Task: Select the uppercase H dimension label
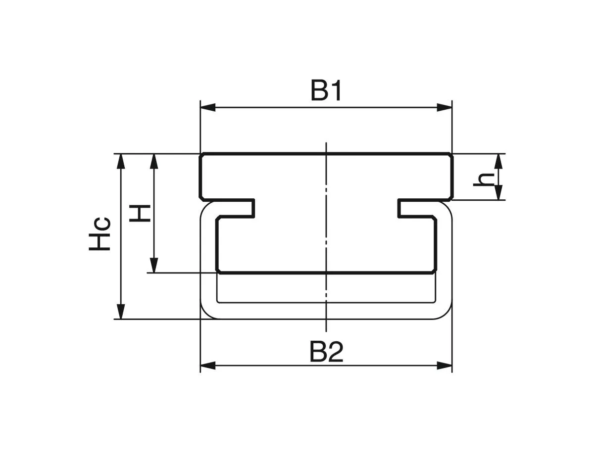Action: (x=140, y=213)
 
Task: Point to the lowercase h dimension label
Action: (x=483, y=179)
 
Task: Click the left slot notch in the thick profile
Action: (x=236, y=208)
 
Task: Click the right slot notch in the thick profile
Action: (x=417, y=208)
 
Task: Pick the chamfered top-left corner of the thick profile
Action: (x=202, y=156)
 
